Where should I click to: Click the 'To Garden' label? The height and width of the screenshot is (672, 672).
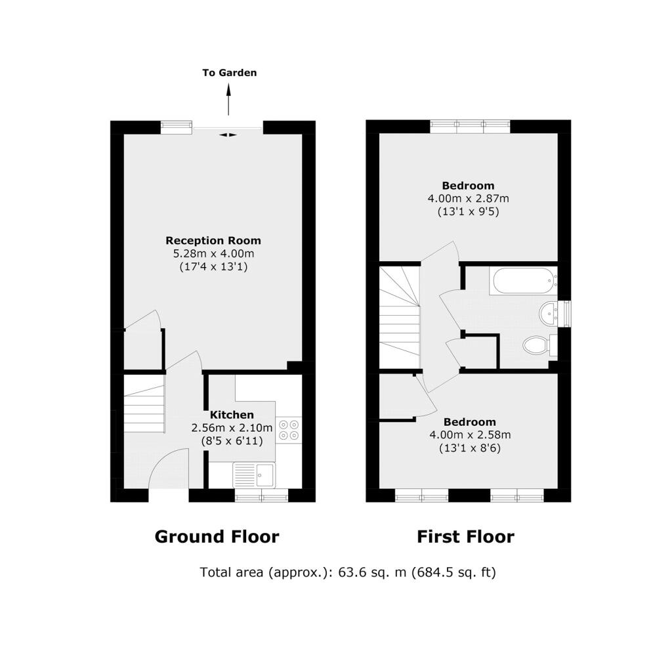click(229, 73)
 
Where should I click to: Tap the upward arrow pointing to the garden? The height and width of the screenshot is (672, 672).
click(228, 100)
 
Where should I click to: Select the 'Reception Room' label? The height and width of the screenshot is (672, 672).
click(213, 240)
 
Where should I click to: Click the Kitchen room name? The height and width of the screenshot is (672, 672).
click(232, 415)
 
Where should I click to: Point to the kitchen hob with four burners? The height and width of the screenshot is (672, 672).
click(289, 430)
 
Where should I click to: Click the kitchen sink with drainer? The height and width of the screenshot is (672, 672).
click(254, 475)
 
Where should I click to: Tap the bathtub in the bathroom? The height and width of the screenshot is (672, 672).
click(524, 281)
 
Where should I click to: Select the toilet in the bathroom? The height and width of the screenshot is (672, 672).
click(539, 345)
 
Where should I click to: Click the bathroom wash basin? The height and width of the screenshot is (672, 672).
click(548, 312)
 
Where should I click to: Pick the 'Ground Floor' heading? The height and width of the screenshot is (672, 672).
click(217, 537)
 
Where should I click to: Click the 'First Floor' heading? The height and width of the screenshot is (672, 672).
click(465, 537)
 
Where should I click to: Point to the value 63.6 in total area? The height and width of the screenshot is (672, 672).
click(350, 572)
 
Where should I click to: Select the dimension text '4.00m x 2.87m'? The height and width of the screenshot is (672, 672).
click(469, 198)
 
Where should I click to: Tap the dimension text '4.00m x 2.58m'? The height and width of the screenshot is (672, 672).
click(470, 434)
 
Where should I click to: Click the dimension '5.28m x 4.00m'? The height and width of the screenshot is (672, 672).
click(213, 253)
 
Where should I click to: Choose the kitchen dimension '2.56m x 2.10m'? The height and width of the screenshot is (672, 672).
click(232, 428)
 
